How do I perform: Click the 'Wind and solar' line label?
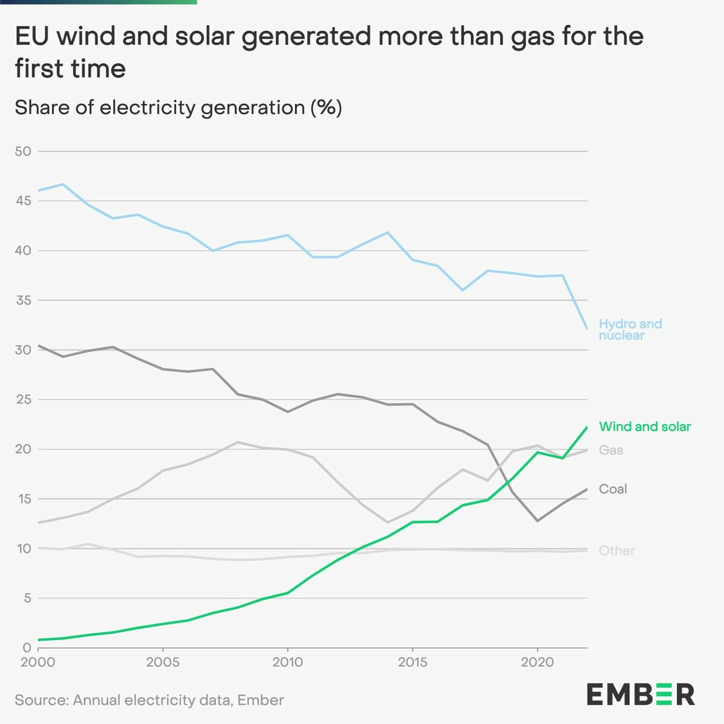tap(644, 427)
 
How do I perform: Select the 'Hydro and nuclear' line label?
tap(630, 329)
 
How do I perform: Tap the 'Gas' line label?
tap(611, 450)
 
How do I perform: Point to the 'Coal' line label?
tap(612, 489)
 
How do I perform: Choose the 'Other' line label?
tap(617, 550)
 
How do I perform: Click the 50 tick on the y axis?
tap(23, 151)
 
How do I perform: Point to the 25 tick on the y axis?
tap(23, 399)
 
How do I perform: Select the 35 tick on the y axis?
tap(23, 300)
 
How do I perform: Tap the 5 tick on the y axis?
tap(27, 599)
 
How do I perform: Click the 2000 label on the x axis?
tap(38, 662)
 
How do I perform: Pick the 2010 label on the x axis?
tap(287, 662)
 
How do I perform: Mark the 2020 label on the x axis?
tap(537, 662)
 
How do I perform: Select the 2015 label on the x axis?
tap(412, 662)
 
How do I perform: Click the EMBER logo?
tap(640, 694)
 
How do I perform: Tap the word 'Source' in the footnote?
tap(40, 700)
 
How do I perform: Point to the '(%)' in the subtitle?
tap(326, 107)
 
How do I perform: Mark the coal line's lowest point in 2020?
tap(537, 521)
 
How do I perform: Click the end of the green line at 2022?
tap(586, 427)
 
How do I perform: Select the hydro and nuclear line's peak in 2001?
tap(63, 184)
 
